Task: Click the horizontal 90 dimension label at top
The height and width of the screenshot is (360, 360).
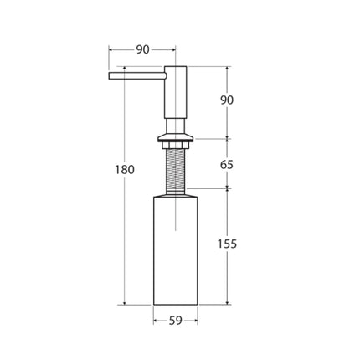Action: pos(142,49)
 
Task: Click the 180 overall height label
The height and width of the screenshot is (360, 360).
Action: pos(124,170)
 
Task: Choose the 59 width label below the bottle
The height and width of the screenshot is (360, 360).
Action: pos(175,319)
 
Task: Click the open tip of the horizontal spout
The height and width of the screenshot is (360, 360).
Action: pos(110,77)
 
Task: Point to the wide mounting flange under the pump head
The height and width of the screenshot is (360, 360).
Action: pos(175,139)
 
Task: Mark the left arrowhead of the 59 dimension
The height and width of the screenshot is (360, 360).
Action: pos(155,319)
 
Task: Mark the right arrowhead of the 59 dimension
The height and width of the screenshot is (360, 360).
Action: pos(195,319)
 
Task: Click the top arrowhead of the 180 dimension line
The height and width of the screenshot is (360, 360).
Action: pos(125,69)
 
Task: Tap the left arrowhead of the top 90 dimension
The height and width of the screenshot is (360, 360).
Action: pos(111,49)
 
